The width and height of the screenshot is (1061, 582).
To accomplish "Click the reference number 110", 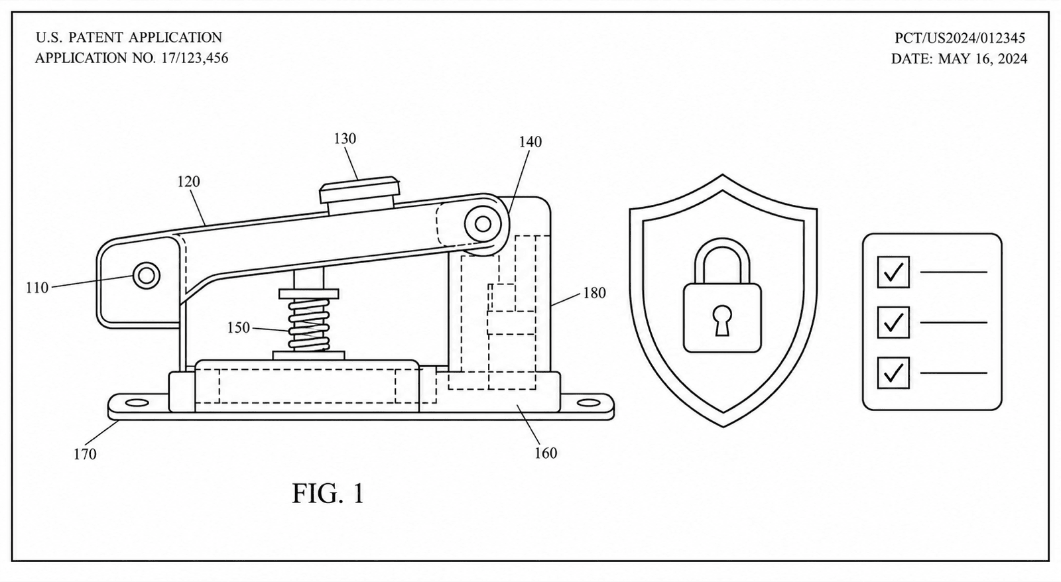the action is [37, 288].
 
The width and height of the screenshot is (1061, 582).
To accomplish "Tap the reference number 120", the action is [188, 182].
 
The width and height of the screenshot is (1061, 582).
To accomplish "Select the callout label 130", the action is [345, 139].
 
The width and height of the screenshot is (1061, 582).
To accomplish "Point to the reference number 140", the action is [530, 142].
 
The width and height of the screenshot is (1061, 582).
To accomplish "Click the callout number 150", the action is [238, 327].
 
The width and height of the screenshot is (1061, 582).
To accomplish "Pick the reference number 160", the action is [546, 453].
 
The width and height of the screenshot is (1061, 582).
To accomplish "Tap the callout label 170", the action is [85, 454].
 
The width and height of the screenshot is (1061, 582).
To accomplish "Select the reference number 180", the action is [594, 293].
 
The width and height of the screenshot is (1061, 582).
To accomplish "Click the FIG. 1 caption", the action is [328, 493].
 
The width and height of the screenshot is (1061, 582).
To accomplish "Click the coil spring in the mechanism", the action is [309, 325].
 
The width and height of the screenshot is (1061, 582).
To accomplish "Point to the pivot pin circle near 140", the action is [483, 224].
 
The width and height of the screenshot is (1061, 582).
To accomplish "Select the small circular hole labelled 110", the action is [147, 275].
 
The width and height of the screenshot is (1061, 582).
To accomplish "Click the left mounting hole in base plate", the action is [137, 403].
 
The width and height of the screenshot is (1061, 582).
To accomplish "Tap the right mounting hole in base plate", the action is [589, 403].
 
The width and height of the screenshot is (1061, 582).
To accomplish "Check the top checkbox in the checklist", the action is [893, 272].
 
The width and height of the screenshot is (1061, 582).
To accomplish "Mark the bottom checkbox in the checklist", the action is [893, 373].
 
